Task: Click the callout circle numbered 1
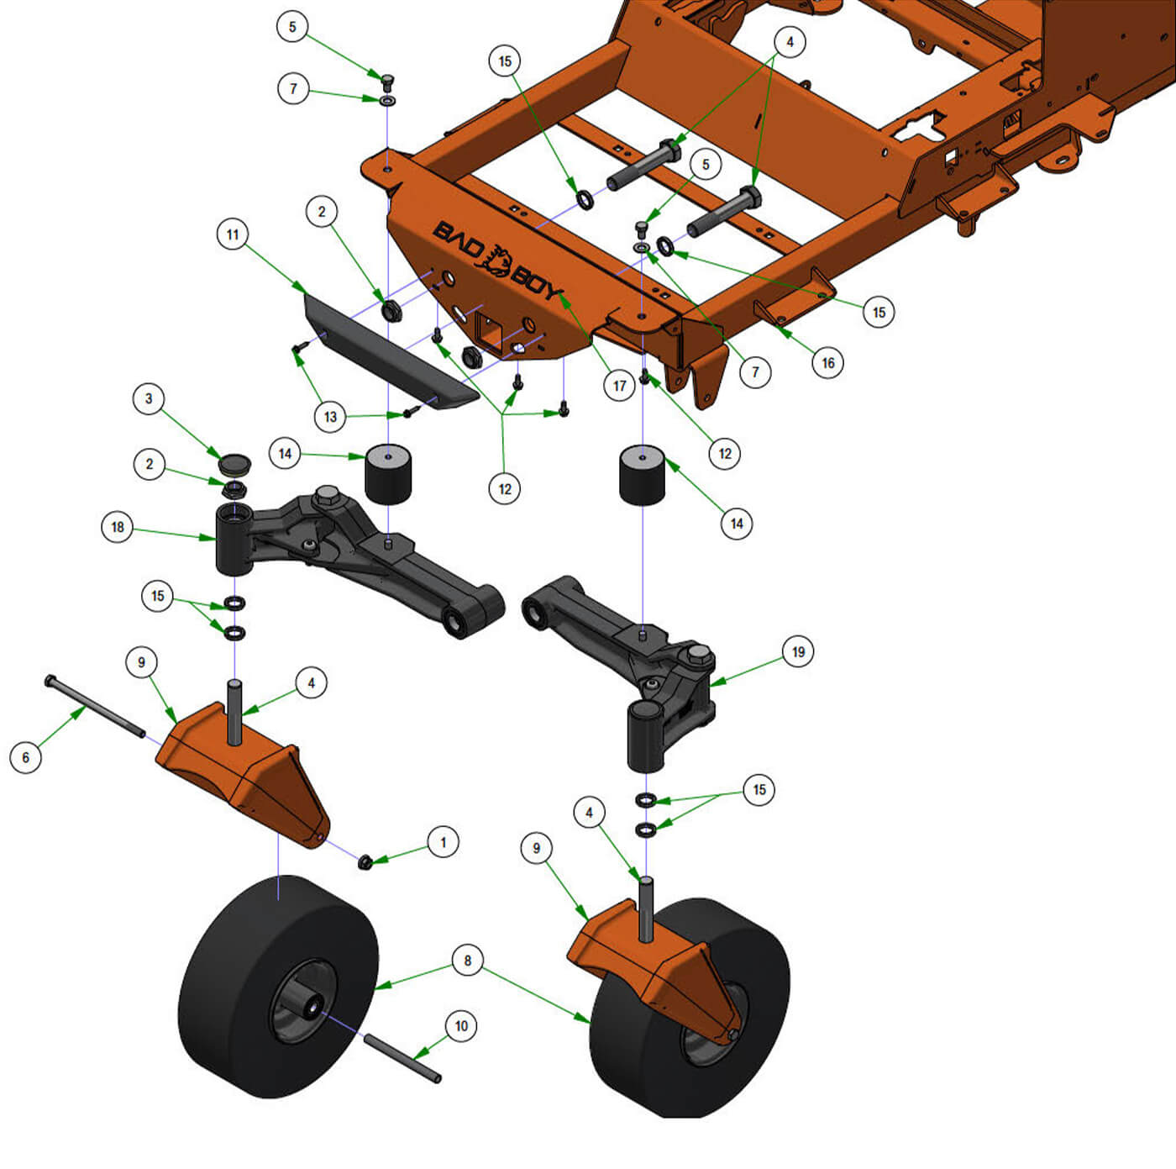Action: point(443,842)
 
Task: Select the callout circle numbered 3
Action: point(149,399)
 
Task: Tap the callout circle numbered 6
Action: point(26,757)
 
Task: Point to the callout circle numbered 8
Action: point(468,961)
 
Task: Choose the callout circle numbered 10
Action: point(461,1025)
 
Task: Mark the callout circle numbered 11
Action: point(233,234)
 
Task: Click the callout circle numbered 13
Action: point(330,417)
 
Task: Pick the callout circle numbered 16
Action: point(828,363)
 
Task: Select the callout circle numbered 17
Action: point(619,386)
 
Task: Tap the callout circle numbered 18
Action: point(117,526)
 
